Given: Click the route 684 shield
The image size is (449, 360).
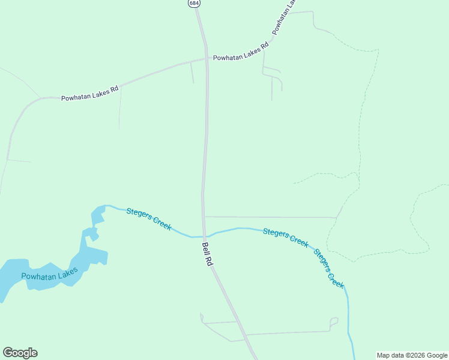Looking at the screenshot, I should coord(193,3).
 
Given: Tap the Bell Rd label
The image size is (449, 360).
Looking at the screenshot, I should coord(206,254).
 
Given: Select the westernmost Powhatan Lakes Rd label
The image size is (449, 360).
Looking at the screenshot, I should coord(90,93).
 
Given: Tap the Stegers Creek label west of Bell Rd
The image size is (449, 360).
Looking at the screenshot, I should coord(149,220).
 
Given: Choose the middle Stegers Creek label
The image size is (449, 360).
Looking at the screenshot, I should coord(286,238).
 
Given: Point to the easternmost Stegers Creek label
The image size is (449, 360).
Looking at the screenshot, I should coord(329,269).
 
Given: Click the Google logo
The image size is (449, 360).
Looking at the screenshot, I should coord(20,353).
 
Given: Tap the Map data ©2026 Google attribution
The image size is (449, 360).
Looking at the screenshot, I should coord(412,355).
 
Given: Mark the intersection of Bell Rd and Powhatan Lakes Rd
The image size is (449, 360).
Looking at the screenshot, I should coord(207,59).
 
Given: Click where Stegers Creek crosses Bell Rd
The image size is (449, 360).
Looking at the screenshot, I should coord(204,236).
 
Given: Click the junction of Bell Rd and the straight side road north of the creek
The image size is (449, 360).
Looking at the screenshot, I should coord(203,217).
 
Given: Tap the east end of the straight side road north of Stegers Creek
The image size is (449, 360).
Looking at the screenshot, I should coord(336,217).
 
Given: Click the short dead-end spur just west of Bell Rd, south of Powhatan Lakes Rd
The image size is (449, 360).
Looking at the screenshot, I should coord(192,72).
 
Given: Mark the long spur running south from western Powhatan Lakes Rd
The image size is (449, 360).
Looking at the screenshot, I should coord(120,108).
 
